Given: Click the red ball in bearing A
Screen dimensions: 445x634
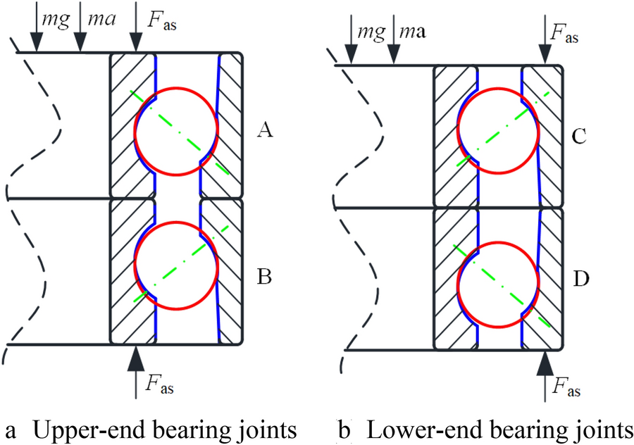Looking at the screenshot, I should coord(177,130).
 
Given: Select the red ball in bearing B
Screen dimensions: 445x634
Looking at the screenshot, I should coord(177,265).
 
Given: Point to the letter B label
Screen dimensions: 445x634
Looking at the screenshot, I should coord(265,278).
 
